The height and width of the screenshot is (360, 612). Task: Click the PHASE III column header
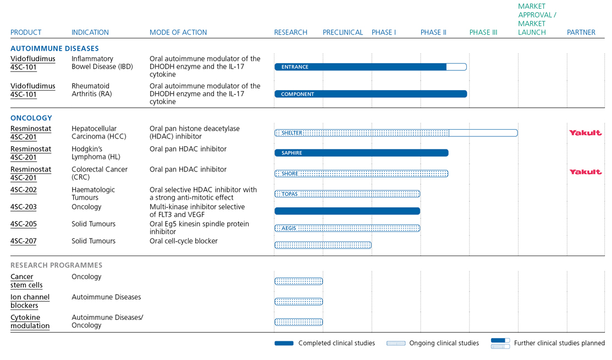(483, 32)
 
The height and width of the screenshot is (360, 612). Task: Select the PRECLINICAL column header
(343, 32)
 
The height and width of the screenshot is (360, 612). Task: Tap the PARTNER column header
(581, 32)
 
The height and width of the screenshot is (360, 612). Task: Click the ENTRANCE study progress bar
(370, 67)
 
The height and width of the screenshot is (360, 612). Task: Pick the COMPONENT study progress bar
(370, 94)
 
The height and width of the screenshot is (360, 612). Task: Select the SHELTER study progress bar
(395, 133)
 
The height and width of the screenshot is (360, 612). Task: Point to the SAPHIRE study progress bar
(361, 153)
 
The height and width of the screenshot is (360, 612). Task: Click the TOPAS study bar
(347, 194)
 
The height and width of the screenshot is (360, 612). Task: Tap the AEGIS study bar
(347, 228)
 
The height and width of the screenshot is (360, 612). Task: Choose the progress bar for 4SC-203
(347, 211)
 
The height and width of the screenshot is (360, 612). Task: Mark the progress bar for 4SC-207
(323, 245)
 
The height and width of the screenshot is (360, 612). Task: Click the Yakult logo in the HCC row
(585, 132)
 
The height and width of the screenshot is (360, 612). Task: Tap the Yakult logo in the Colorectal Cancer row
(585, 172)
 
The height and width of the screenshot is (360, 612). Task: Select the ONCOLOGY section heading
(31, 118)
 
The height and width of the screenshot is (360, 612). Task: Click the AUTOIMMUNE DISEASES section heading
(54, 48)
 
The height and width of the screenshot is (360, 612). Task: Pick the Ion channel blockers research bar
(299, 302)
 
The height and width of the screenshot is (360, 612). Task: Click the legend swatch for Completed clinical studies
(284, 344)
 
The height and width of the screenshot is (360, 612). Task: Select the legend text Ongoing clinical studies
(444, 344)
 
